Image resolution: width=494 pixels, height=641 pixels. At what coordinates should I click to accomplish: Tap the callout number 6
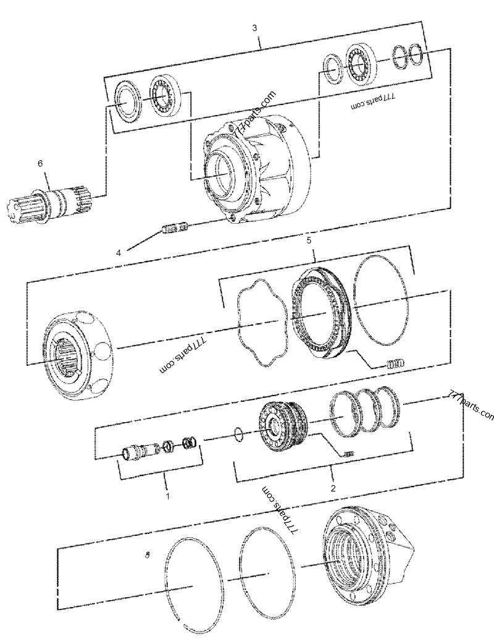click(x=41, y=163)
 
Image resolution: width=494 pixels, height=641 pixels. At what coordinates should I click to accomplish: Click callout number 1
click(x=166, y=495)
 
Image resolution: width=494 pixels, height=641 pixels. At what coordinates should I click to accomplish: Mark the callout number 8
click(x=148, y=554)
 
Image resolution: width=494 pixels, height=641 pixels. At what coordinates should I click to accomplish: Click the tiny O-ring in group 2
click(x=240, y=436)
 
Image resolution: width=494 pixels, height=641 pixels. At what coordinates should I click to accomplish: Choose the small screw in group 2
click(x=350, y=455)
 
